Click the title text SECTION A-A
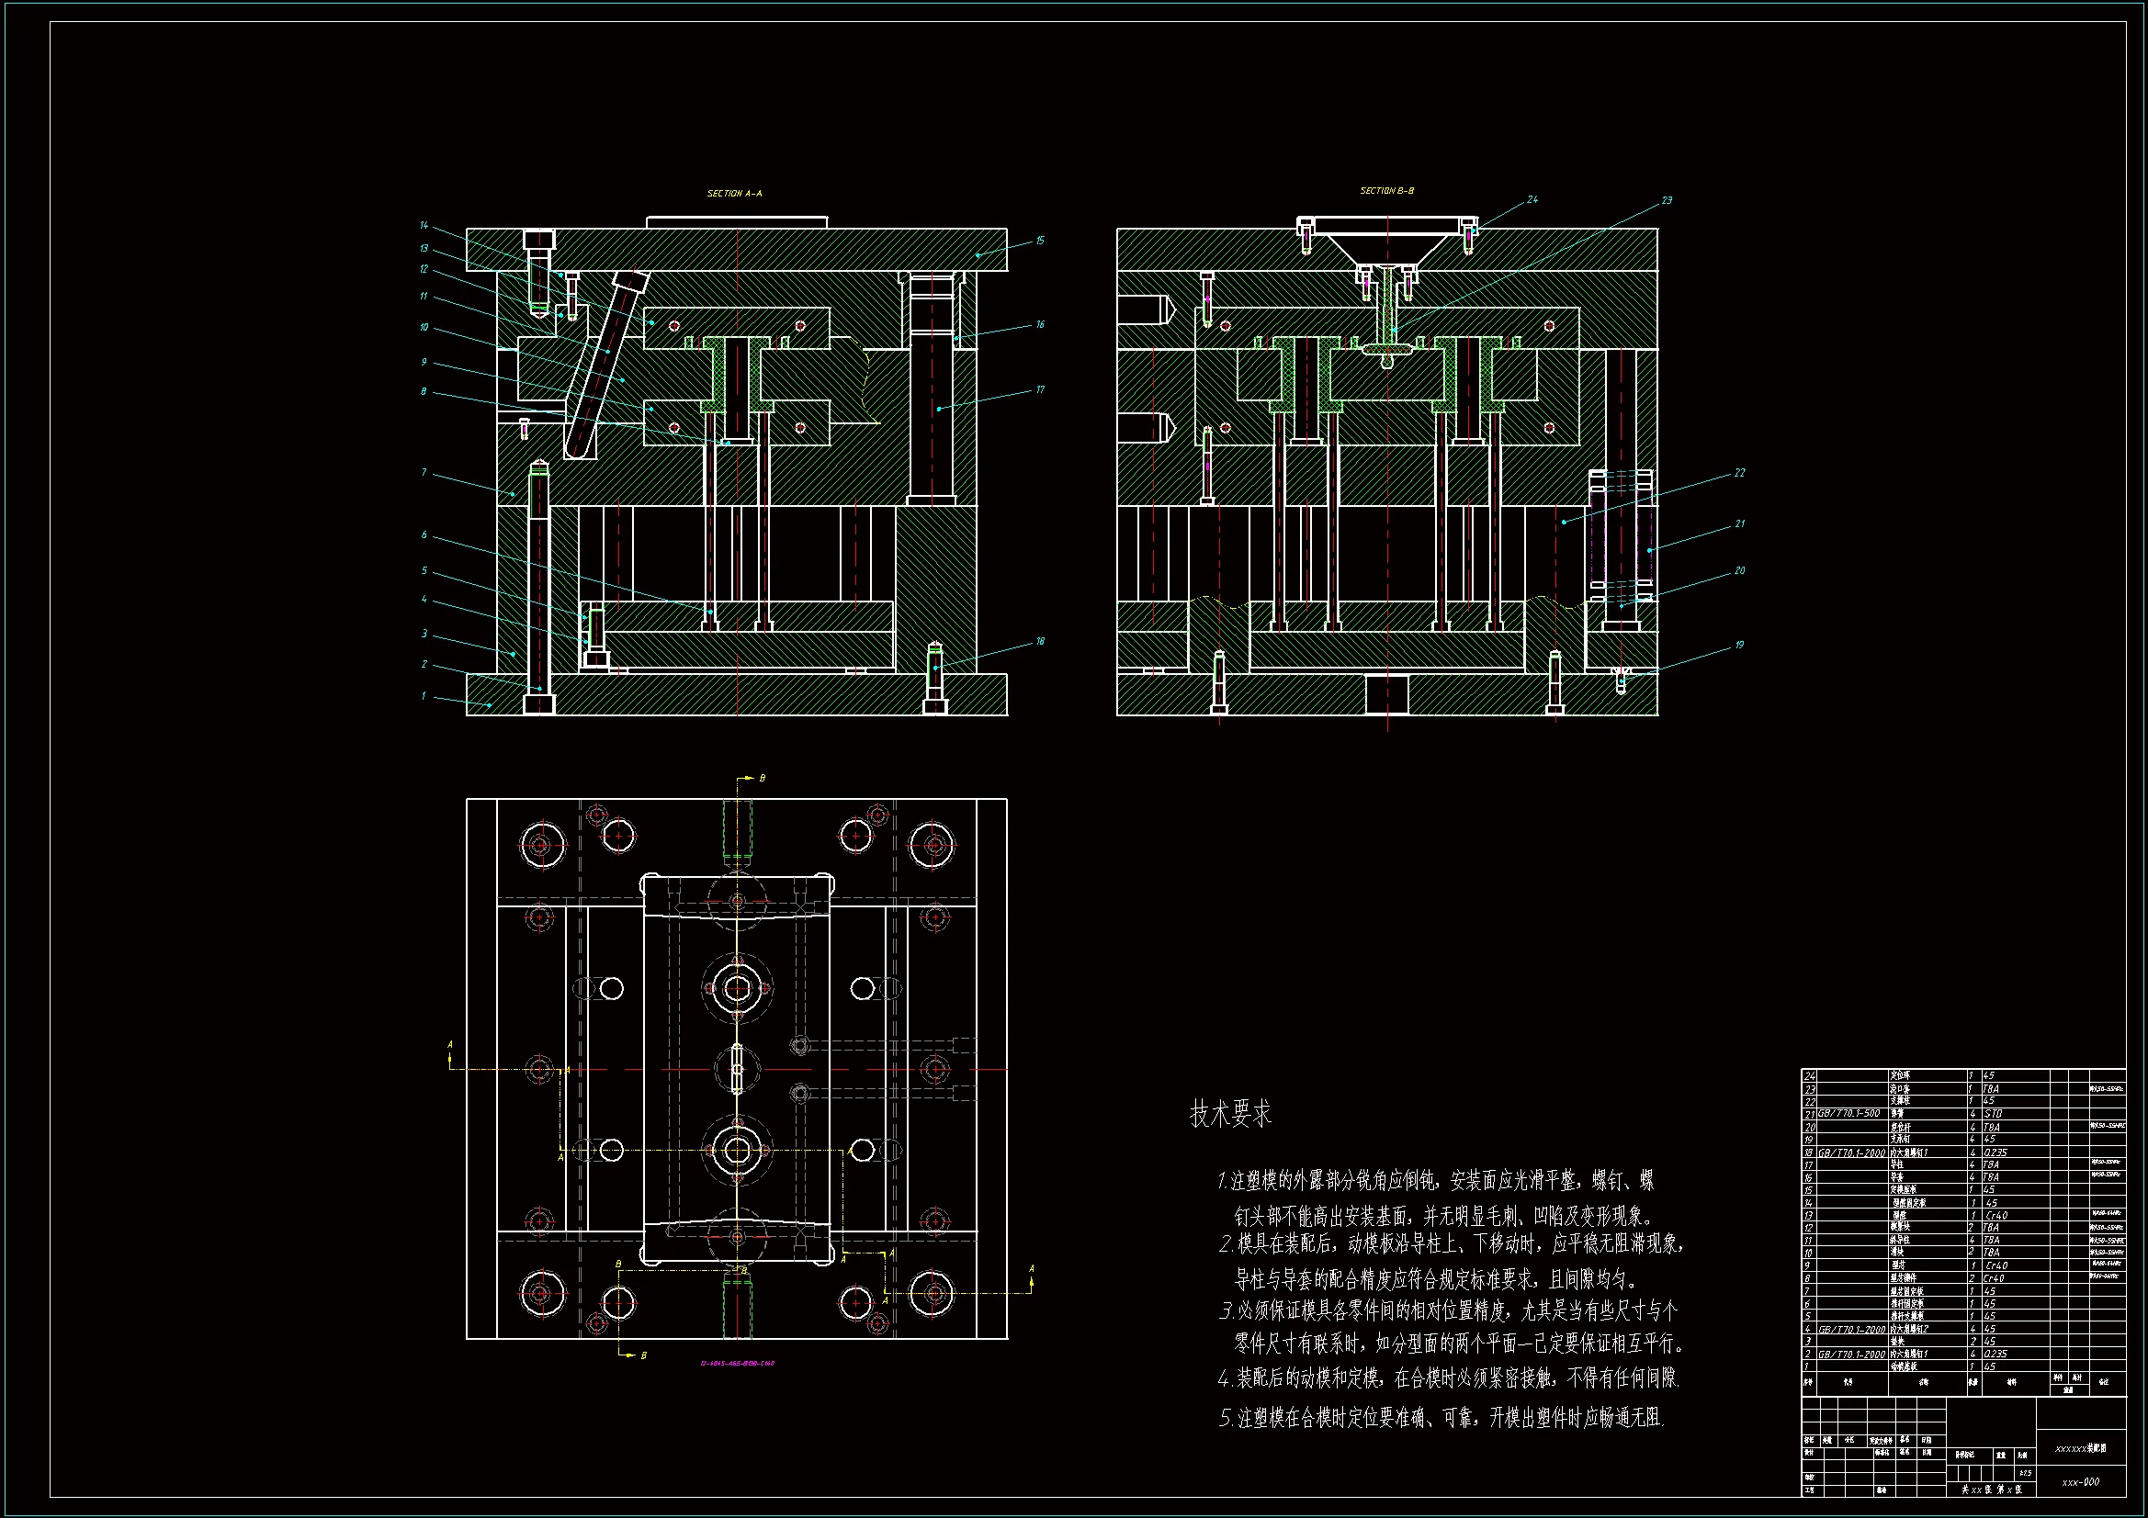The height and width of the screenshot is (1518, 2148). (x=734, y=194)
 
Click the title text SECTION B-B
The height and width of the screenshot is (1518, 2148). (x=1386, y=191)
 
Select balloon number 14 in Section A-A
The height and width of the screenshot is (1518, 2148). (x=424, y=225)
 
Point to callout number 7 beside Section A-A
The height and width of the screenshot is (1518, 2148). (x=424, y=472)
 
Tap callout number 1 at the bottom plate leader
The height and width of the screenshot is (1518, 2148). (x=424, y=696)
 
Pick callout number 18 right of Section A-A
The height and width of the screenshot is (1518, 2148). (x=1039, y=642)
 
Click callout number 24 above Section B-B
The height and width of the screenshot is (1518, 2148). (x=1532, y=199)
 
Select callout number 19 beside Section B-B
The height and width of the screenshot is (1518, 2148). (x=1739, y=645)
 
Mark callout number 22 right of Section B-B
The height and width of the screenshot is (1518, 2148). (x=1739, y=472)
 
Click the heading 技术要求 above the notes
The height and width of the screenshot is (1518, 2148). (x=1230, y=1114)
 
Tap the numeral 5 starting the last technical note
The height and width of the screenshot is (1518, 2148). (x=1225, y=1419)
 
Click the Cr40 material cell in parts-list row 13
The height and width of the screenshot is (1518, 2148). (x=1995, y=1215)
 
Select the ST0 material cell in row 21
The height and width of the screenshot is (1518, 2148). (x=1993, y=1114)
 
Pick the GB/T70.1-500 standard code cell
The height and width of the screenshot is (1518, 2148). (x=1848, y=1114)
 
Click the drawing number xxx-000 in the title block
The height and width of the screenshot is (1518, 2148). (x=2081, y=1482)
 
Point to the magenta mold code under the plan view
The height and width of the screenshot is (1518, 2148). (x=737, y=1364)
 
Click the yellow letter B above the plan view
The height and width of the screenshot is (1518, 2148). (x=762, y=778)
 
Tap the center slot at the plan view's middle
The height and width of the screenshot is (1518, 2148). (x=737, y=1068)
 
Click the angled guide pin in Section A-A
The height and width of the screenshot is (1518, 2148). (x=605, y=365)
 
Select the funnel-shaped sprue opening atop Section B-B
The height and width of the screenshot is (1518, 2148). (x=1386, y=248)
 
